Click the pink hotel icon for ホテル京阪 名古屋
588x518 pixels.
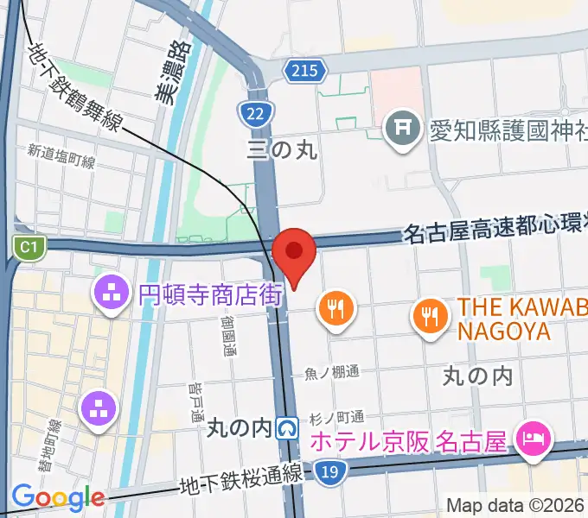point(529,439)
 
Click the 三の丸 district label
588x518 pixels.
point(282,149)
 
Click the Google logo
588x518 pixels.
point(58,497)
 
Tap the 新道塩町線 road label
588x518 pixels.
point(61,153)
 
